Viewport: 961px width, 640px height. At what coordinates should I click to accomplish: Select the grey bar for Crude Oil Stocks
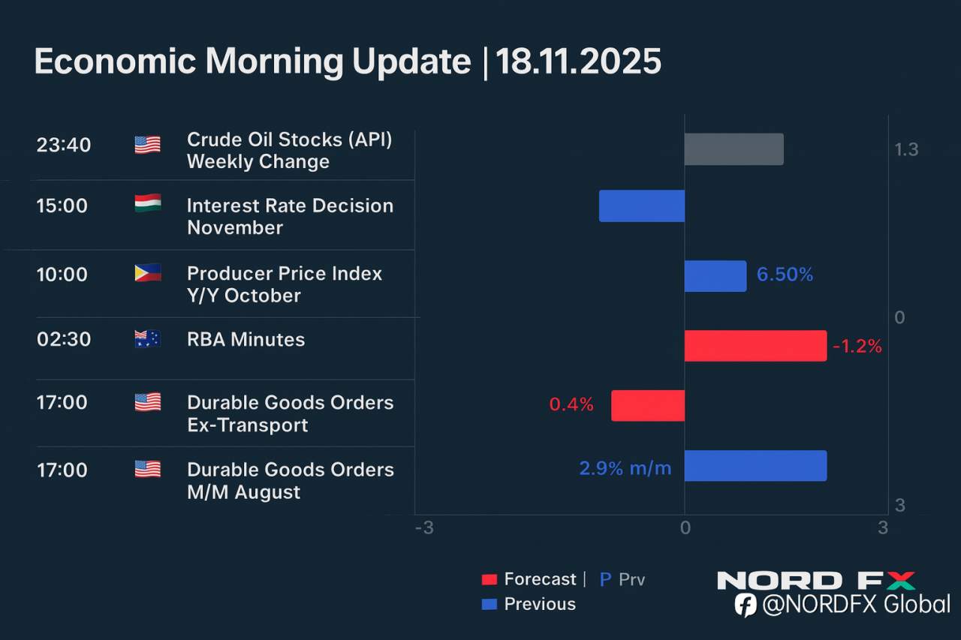tap(734, 149)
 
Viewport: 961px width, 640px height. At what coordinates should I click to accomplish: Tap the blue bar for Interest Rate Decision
tap(642, 206)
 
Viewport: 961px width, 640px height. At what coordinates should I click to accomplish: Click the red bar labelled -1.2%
tap(755, 346)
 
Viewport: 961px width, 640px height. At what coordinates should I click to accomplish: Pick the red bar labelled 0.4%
tap(648, 405)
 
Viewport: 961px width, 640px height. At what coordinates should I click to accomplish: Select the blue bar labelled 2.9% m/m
tap(755, 466)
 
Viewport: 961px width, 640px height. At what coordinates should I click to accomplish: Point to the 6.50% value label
tap(785, 275)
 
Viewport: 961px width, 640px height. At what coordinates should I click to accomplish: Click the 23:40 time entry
tap(64, 144)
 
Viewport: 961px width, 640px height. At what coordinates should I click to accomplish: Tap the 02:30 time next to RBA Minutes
tap(64, 339)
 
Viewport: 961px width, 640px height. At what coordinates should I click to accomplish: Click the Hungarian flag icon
tap(147, 203)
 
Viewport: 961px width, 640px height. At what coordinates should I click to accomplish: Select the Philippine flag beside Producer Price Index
tap(147, 273)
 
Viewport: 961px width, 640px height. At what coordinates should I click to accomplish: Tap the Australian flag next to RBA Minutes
tap(147, 339)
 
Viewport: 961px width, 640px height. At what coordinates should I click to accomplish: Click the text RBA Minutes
tap(246, 340)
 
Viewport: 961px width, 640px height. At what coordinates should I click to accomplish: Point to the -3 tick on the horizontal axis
tap(424, 528)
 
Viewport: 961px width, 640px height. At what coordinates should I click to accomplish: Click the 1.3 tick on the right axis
tap(906, 150)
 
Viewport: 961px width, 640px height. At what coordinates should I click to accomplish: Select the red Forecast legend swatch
tap(490, 580)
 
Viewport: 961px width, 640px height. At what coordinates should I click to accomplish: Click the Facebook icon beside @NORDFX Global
tap(745, 605)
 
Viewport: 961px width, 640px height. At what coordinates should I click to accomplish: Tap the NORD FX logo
tap(816, 581)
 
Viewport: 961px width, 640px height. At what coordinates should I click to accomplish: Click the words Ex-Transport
tap(247, 425)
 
